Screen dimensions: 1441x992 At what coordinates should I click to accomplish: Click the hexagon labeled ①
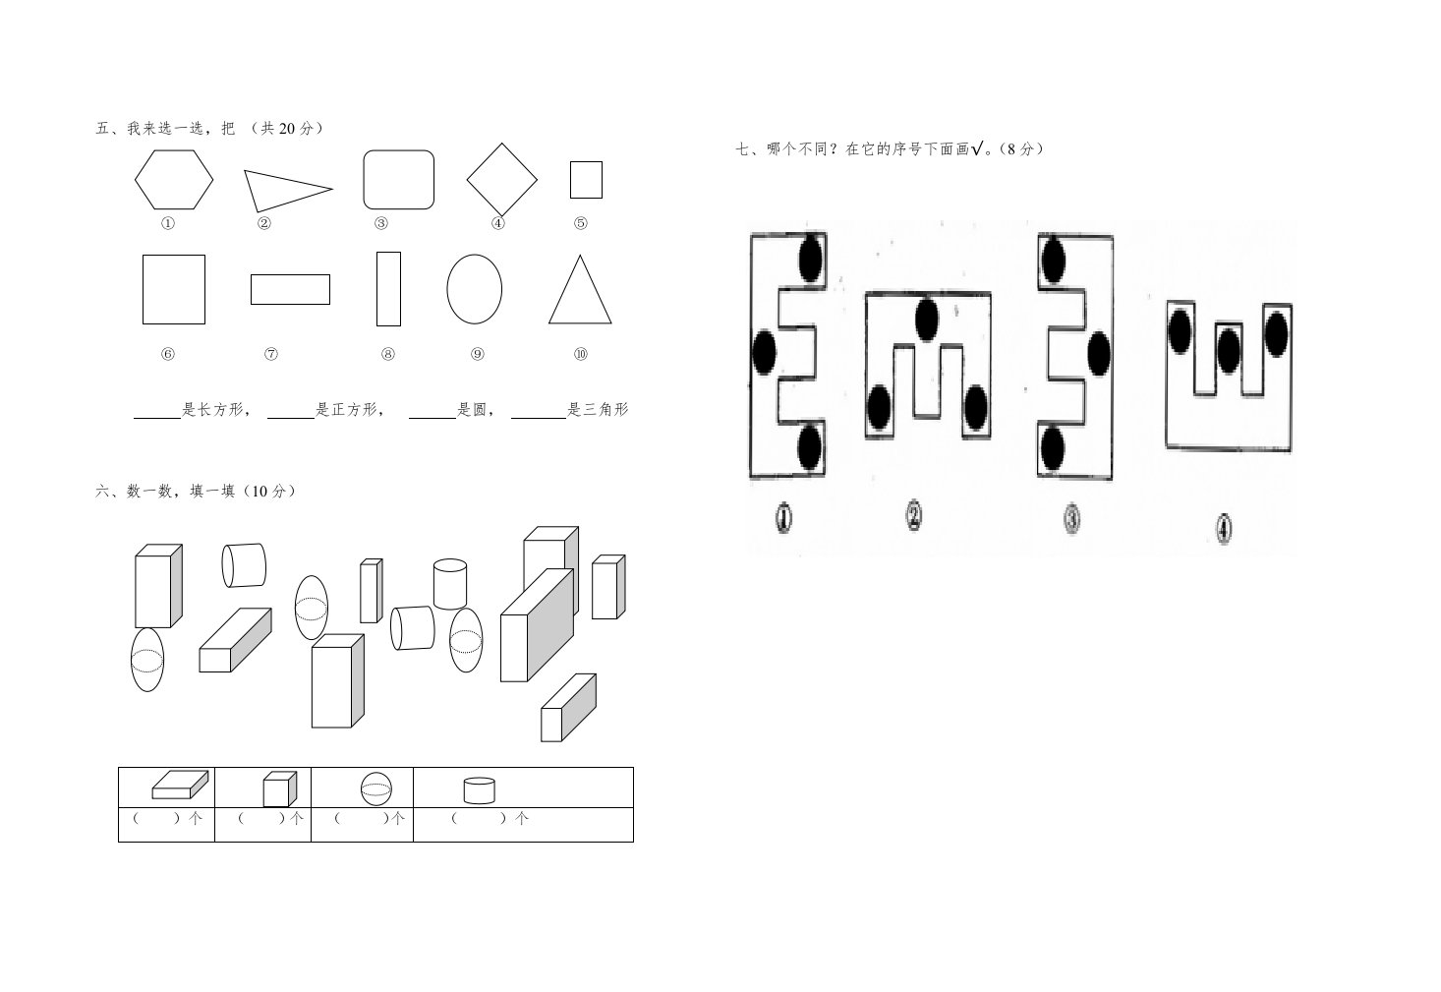174,180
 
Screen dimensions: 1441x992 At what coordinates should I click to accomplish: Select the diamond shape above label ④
501,180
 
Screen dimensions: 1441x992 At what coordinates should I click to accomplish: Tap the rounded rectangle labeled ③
399,180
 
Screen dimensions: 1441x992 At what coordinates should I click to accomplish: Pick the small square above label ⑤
586,180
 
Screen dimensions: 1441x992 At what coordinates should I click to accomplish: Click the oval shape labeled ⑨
475,289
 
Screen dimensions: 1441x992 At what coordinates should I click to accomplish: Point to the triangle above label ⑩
580,289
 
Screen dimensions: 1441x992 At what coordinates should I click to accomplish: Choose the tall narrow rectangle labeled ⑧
388,289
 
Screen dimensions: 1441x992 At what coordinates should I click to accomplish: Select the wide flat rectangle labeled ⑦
290,289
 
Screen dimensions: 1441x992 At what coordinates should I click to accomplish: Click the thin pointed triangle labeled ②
288,191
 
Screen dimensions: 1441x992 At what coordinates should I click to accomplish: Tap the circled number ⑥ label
168,354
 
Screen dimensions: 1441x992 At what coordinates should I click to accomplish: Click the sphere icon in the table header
376,788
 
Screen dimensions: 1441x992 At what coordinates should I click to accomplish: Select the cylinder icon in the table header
480,790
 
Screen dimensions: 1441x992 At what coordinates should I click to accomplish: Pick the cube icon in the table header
280,788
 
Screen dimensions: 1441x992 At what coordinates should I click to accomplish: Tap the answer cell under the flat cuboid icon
167,824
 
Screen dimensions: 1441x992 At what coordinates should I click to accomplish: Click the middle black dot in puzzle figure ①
764,352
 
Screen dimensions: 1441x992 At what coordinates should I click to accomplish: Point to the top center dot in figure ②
927,320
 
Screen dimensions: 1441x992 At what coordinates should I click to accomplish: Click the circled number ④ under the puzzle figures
1224,530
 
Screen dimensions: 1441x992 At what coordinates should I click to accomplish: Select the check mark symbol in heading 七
977,149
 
